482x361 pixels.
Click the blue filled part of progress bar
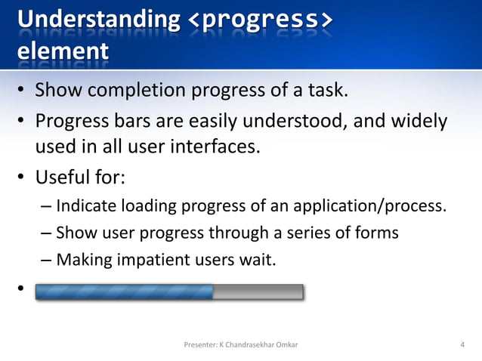click(124, 292)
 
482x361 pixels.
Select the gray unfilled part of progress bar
click(258, 292)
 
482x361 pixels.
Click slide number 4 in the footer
click(462, 345)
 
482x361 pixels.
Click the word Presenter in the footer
click(200, 345)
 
